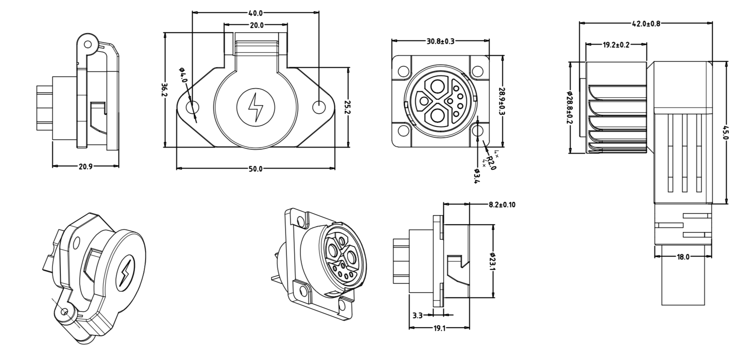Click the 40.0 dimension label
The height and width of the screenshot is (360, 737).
(256, 13)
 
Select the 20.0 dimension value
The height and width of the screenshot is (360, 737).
(256, 26)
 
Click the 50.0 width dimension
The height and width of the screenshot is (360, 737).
(255, 169)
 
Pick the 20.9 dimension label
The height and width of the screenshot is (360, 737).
(86, 167)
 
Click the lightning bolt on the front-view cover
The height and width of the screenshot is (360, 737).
(256, 107)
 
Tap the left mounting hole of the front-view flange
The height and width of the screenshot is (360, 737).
(193, 108)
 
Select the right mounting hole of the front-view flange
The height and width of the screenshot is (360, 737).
(319, 108)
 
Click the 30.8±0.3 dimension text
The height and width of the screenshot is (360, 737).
(440, 41)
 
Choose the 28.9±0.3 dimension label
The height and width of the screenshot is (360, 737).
(502, 101)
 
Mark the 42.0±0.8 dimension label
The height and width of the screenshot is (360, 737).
(646, 24)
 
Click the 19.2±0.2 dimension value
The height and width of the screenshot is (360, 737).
(616, 45)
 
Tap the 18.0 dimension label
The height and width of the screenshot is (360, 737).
(683, 257)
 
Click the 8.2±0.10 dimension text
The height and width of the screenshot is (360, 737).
(502, 205)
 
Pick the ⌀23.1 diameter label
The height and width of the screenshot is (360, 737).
(493, 261)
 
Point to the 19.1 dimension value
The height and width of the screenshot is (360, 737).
(439, 328)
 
